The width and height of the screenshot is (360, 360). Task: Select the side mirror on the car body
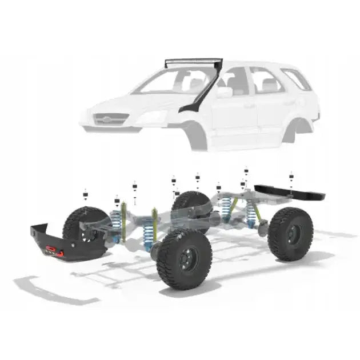(x=224, y=92)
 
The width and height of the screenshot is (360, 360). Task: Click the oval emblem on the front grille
(x=104, y=119)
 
